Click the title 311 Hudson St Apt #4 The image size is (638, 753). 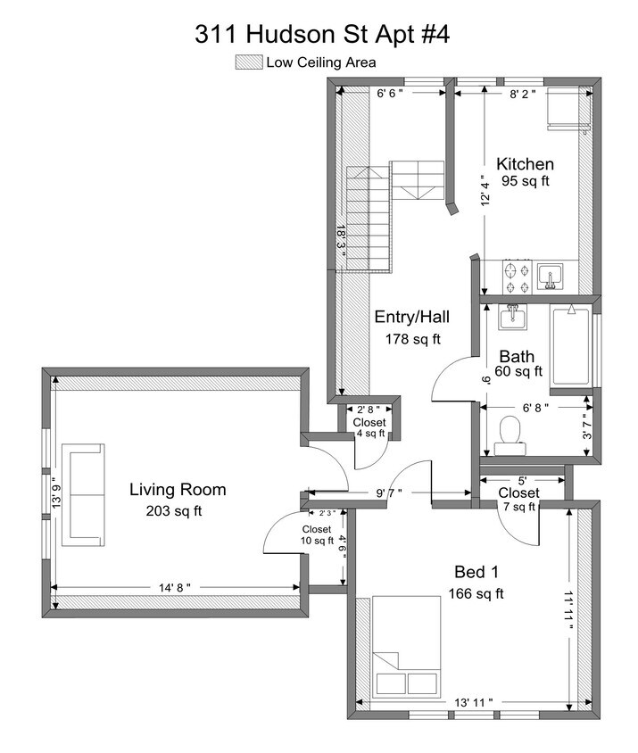click(322, 34)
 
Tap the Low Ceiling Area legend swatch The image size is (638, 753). click(248, 62)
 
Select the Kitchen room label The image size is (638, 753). click(525, 164)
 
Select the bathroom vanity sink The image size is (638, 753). click(511, 317)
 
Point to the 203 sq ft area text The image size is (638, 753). click(174, 511)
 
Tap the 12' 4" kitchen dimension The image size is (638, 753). click(485, 189)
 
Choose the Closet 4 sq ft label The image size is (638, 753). click(369, 427)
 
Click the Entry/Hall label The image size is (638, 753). click(411, 317)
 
